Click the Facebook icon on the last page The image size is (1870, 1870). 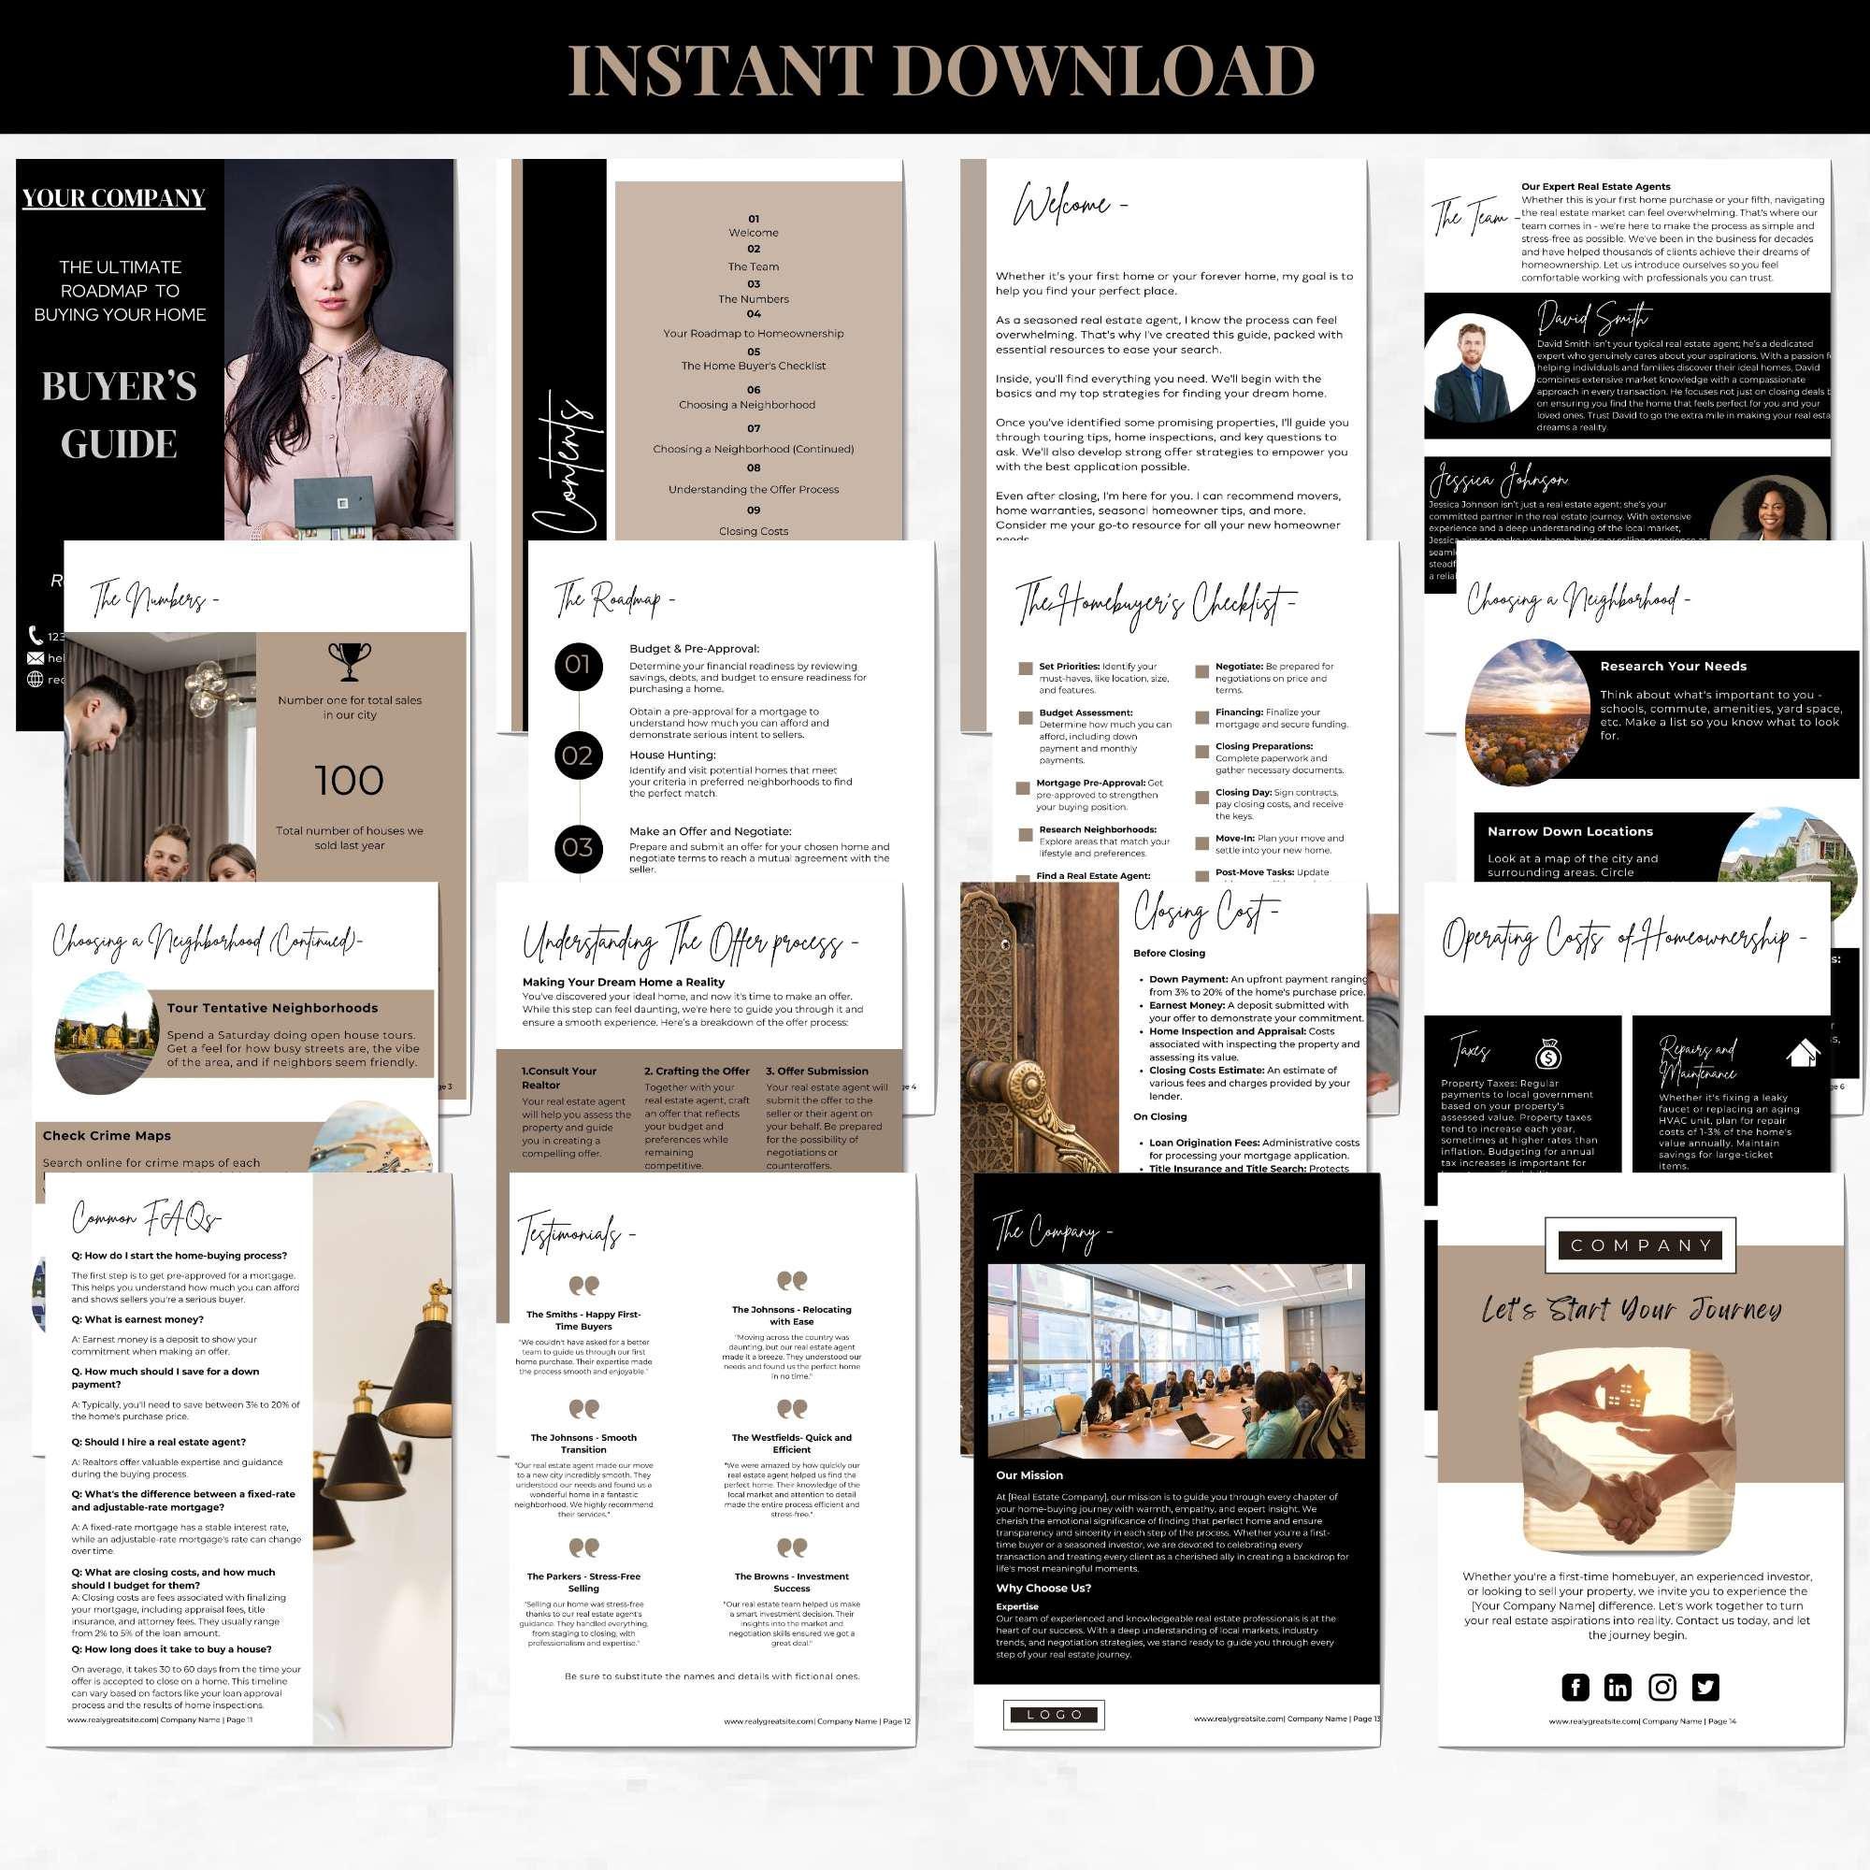point(1575,1687)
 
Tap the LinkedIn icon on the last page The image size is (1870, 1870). point(1618,1687)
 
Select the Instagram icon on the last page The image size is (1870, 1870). point(1661,1687)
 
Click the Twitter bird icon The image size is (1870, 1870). point(1705,1687)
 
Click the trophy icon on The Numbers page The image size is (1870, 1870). point(350,662)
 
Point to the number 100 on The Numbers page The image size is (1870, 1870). point(350,781)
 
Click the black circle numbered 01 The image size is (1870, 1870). point(578,665)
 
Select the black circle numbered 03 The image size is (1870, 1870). point(578,848)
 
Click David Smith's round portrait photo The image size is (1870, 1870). point(1474,369)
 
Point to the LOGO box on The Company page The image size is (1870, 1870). point(1054,1714)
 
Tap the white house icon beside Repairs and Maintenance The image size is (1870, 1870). point(1804,1053)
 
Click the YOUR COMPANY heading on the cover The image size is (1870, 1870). point(114,198)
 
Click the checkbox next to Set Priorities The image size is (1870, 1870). point(1025,668)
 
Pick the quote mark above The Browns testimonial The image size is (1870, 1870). point(791,1549)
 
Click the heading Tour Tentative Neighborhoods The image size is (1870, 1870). point(272,1008)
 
